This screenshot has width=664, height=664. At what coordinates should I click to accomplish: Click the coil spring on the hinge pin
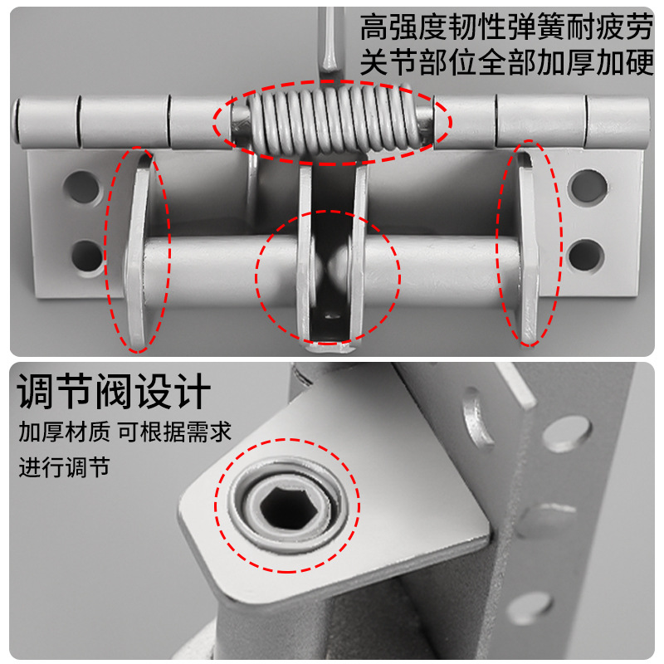pos(332,123)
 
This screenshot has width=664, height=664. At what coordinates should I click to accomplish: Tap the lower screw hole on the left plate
pos(86,253)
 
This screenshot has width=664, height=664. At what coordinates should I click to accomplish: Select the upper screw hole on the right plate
pos(588,184)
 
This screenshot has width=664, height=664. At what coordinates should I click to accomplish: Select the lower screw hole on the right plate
pos(587,254)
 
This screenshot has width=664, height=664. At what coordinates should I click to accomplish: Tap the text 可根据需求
pos(173,432)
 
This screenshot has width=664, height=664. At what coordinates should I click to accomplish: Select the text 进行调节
pos(64,466)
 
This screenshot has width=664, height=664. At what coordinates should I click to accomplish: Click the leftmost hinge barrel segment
pos(46,122)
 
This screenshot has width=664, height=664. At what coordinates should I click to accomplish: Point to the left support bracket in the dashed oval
pos(137,249)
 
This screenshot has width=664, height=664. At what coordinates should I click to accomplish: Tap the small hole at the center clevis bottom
pos(333,315)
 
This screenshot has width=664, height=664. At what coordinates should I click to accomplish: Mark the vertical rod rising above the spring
pos(330,41)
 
